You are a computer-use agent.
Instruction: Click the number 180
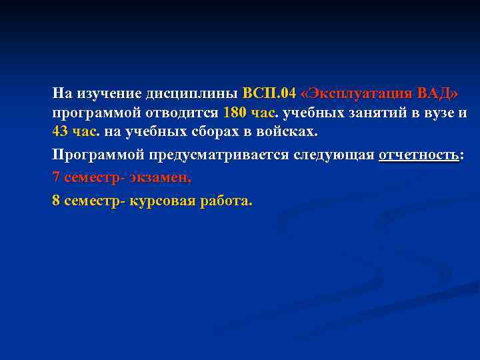click(x=236, y=112)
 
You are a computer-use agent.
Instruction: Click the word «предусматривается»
click(x=222, y=155)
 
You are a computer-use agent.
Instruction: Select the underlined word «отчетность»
click(x=419, y=155)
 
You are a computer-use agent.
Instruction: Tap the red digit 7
click(x=56, y=178)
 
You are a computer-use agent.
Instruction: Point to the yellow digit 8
click(x=56, y=201)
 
